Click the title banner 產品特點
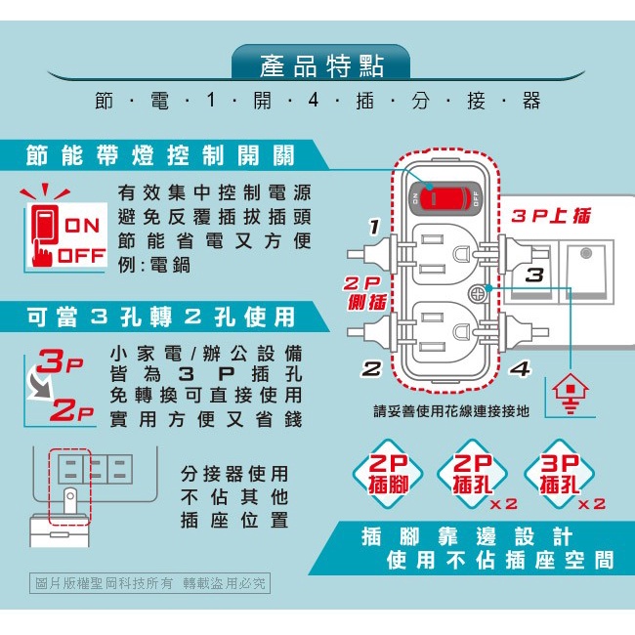tap(321, 65)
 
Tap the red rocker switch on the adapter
tap(444, 198)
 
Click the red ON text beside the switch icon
tap(82, 226)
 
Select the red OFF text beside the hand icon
tap(82, 256)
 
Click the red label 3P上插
tap(551, 216)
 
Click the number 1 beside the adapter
tap(374, 227)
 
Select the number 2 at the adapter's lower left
tap(371, 369)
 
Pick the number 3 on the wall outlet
tap(534, 275)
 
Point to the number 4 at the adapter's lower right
tap(520, 369)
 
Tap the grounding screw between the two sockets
tap(478, 294)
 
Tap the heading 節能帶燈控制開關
tap(160, 155)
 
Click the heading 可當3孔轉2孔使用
tap(160, 317)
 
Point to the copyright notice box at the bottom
tap(149, 583)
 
